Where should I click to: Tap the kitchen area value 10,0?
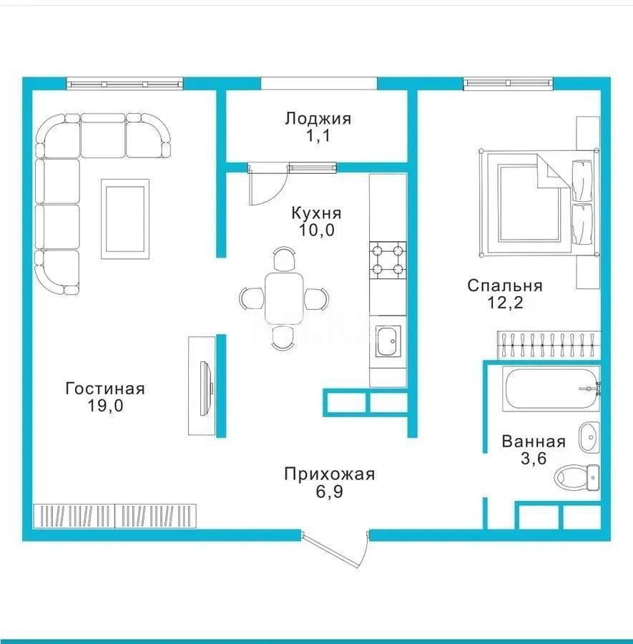[316, 230]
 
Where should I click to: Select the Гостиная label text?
[105, 389]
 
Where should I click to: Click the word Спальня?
[505, 286]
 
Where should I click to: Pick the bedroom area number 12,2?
[505, 303]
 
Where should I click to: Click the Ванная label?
[534, 441]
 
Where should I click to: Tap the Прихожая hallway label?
[329, 474]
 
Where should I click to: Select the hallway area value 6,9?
[329, 492]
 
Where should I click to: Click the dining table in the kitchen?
[284, 297]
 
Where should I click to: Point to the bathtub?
[551, 389]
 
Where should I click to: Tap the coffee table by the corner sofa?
[125, 219]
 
